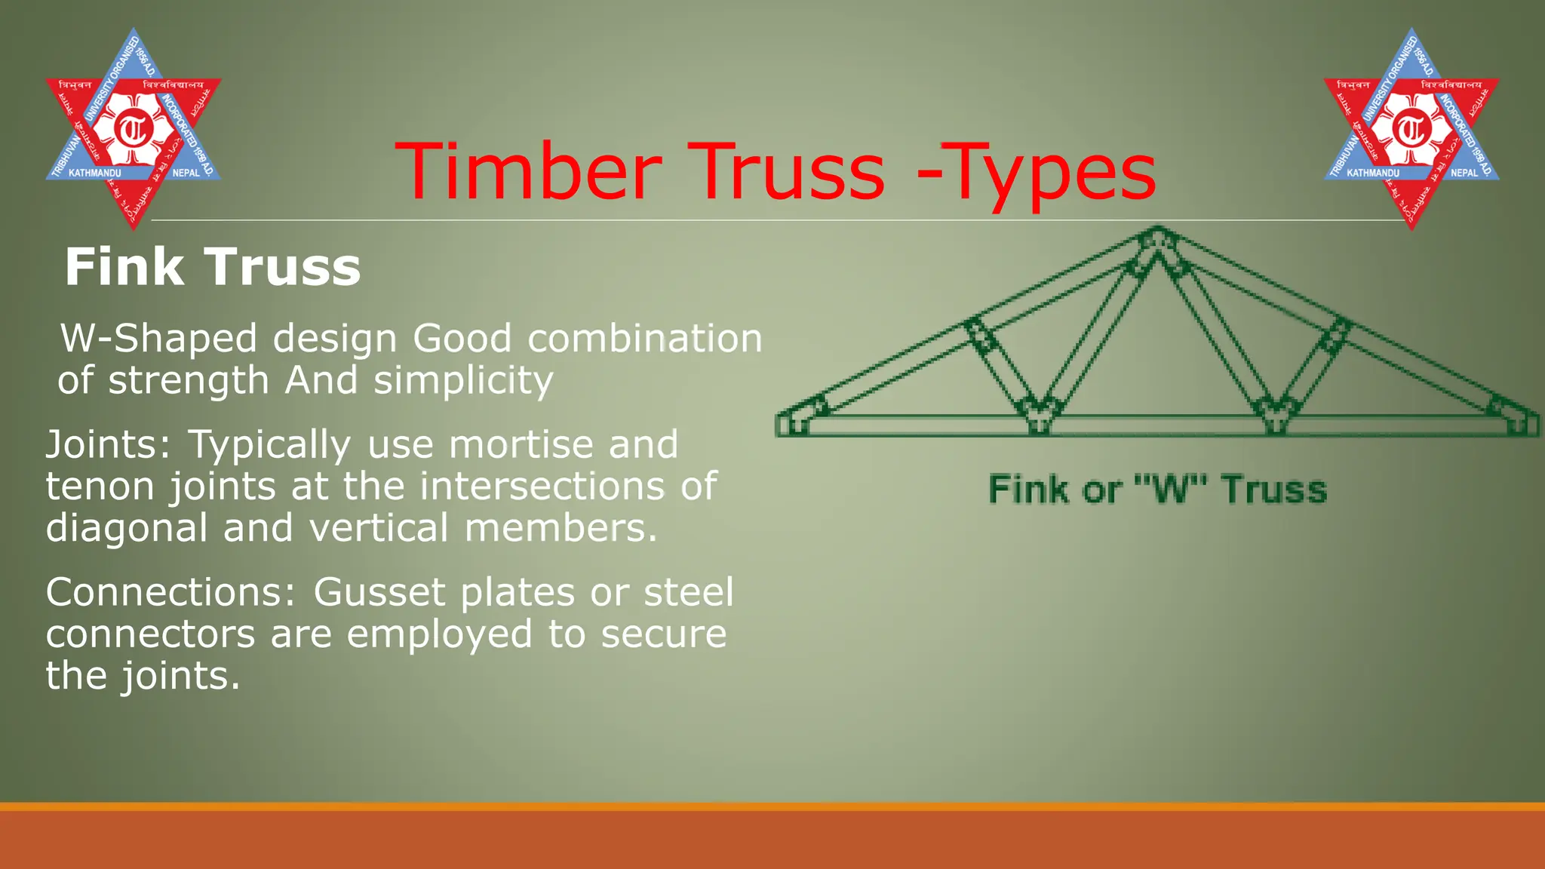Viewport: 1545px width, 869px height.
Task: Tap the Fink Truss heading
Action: click(x=213, y=267)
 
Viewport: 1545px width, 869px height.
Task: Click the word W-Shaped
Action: click(x=159, y=339)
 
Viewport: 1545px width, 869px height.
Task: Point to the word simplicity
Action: click(x=463, y=381)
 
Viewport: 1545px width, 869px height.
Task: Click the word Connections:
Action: click(x=170, y=592)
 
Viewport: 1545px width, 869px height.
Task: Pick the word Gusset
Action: click(x=379, y=592)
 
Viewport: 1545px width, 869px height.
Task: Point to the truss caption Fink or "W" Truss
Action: click(x=1157, y=490)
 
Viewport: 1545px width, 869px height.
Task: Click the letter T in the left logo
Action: click(x=134, y=129)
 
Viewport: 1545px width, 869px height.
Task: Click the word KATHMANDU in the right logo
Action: click(x=1372, y=173)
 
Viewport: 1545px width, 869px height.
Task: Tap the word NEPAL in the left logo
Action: click(x=186, y=173)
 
